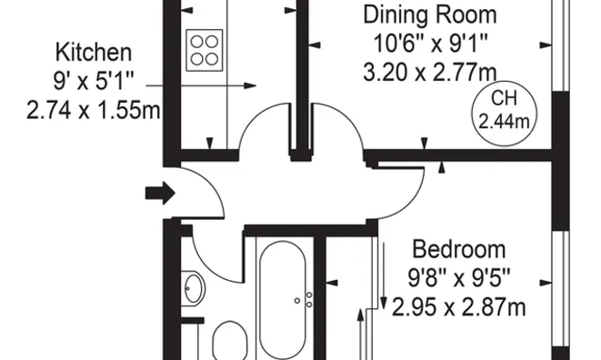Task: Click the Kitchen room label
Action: [93, 52]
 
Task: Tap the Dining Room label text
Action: [430, 15]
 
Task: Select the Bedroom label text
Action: [459, 249]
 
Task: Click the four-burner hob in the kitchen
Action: [205, 48]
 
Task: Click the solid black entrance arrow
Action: [160, 193]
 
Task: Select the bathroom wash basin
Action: [193, 290]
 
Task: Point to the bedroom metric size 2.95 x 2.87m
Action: [459, 307]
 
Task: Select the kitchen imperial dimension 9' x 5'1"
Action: [95, 82]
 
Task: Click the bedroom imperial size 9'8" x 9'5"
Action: [459, 278]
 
